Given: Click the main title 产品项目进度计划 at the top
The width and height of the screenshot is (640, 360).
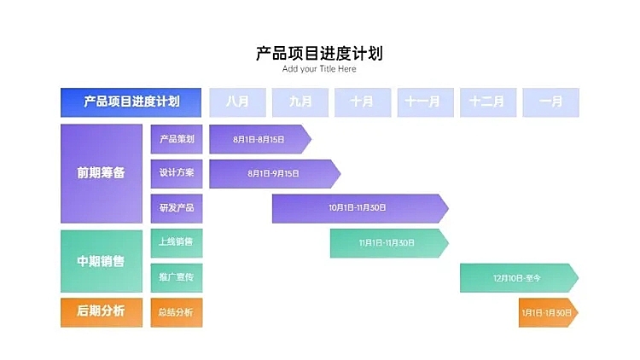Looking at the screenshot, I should tap(319, 53).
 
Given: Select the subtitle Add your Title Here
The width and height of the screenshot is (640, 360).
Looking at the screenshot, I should tap(319, 69).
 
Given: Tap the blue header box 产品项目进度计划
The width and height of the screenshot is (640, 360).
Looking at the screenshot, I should tap(131, 102).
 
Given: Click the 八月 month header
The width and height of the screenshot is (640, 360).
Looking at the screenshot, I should tap(237, 102).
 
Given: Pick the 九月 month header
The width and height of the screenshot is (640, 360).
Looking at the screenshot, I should tap(300, 102).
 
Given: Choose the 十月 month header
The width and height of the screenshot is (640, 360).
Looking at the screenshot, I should tap(363, 102).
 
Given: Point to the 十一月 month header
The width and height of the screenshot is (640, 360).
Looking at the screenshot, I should tap(425, 102).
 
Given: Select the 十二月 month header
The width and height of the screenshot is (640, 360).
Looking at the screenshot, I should tap(487, 102).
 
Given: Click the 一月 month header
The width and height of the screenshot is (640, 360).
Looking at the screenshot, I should tap(550, 102).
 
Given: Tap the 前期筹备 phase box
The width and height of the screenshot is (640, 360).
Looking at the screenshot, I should tap(101, 173).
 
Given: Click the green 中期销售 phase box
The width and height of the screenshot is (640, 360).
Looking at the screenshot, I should tap(101, 261).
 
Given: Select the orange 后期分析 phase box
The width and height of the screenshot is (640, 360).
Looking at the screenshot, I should tap(101, 312).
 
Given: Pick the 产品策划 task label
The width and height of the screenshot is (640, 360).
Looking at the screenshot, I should tap(177, 139).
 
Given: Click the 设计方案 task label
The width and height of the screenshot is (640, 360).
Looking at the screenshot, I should tap(177, 173).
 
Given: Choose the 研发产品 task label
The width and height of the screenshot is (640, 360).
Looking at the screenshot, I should tap(177, 208).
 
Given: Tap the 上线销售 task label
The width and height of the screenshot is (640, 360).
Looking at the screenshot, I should tap(177, 243).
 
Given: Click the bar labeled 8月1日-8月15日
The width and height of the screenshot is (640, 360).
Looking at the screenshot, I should tap(259, 139).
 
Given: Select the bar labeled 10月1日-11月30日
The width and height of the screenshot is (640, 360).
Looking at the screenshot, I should tap(358, 208).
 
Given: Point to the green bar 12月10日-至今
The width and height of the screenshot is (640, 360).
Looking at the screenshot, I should tap(517, 278).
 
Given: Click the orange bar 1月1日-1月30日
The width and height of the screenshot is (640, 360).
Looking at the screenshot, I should tap(547, 312).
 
